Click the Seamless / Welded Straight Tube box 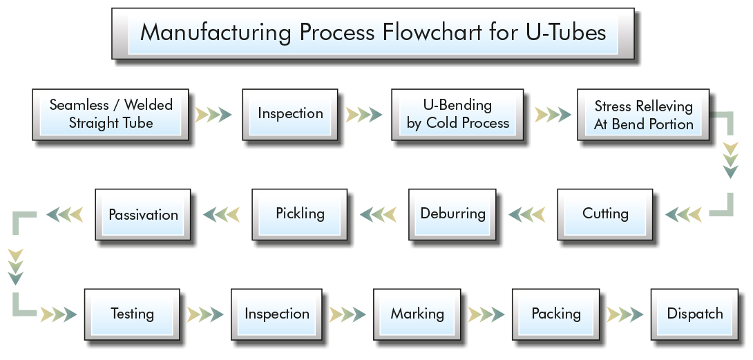[x=111, y=115]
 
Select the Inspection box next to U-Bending [x=289, y=115]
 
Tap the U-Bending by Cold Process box [x=457, y=115]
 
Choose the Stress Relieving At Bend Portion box [x=643, y=115]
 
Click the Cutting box [x=605, y=214]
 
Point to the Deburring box [x=452, y=214]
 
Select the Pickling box [x=300, y=214]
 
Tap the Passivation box [x=143, y=214]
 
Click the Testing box [x=132, y=314]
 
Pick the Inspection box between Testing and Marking [x=276, y=314]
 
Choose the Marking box [x=417, y=314]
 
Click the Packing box [x=555, y=314]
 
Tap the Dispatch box [x=694, y=314]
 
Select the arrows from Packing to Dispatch [x=625, y=315]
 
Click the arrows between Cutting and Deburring [x=527, y=214]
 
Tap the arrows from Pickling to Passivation [x=221, y=214]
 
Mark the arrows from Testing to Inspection [x=205, y=315]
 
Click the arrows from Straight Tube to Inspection [x=213, y=115]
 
